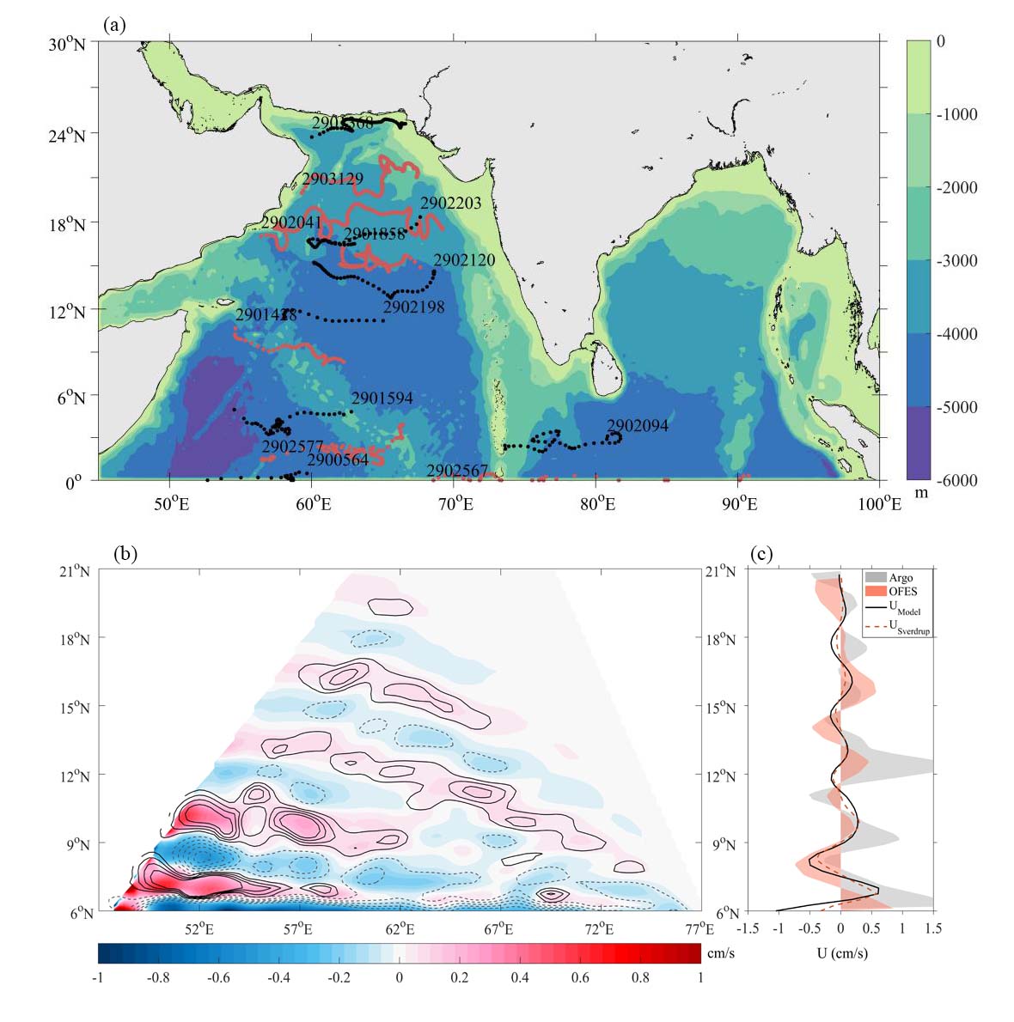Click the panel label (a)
pyautogui.click(x=114, y=26)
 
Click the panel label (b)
pyautogui.click(x=125, y=554)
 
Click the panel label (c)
pyautogui.click(x=760, y=554)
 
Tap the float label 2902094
pyautogui.click(x=638, y=425)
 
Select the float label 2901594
pyautogui.click(x=382, y=398)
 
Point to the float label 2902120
pyautogui.click(x=464, y=259)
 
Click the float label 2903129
pyautogui.click(x=333, y=179)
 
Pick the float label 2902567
pyautogui.click(x=457, y=471)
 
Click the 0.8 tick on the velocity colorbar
pyautogui.click(x=640, y=977)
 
